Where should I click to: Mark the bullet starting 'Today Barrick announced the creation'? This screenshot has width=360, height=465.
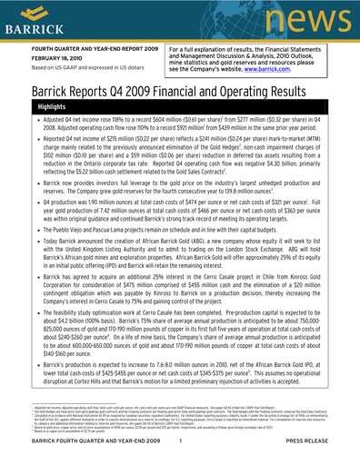point(182,263)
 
